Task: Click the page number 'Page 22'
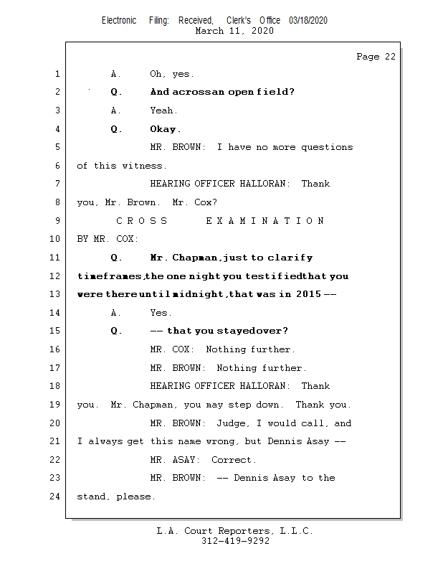click(376, 57)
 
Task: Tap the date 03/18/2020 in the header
click(308, 21)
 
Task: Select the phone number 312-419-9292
click(235, 541)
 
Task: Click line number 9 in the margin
click(57, 221)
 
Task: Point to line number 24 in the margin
click(55, 497)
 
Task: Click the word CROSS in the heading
click(141, 221)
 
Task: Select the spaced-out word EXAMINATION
click(265, 221)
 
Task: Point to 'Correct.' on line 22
click(234, 460)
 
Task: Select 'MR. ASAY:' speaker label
click(175, 460)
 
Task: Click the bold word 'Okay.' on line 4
click(166, 129)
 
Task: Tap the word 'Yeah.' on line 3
click(163, 110)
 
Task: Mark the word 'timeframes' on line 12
click(110, 276)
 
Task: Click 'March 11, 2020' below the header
click(234, 31)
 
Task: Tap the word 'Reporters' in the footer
click(244, 531)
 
